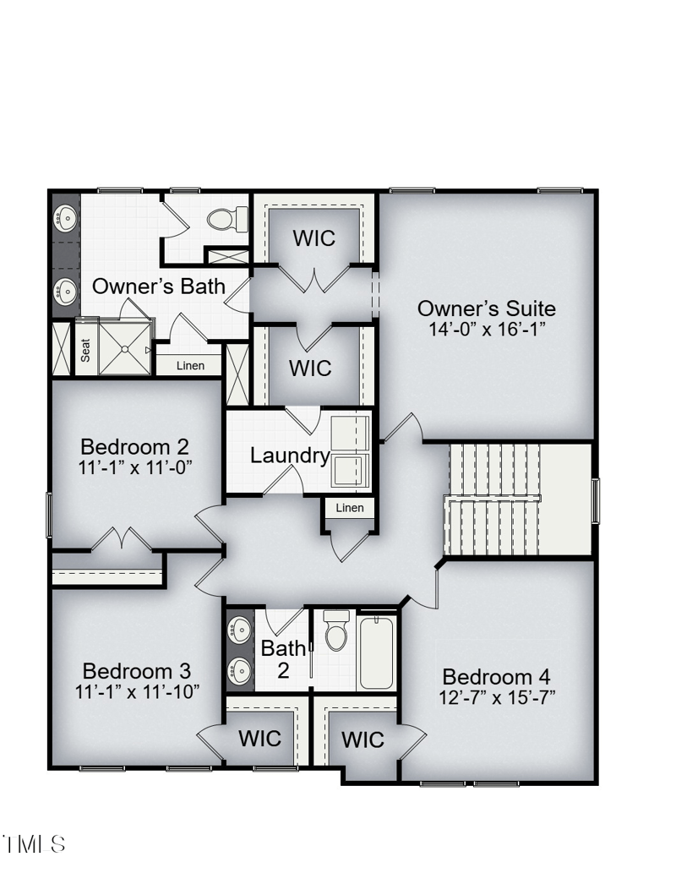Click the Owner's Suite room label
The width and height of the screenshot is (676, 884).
486,308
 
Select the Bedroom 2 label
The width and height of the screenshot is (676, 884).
134,446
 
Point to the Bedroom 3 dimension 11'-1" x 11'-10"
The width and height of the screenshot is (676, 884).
137,691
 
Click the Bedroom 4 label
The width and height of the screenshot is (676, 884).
496,677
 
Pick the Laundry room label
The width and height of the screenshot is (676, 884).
290,456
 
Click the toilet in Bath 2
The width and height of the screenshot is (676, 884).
336,630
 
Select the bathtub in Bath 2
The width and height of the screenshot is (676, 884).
376,653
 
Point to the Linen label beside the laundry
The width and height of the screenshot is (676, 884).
350,507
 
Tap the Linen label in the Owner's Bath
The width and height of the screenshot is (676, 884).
190,366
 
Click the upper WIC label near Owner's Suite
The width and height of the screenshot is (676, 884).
313,238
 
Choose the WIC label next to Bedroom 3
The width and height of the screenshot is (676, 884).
259,739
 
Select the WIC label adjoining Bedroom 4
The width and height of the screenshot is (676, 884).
363,740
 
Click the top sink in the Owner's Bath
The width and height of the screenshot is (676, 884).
65,220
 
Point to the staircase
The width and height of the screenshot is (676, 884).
494,500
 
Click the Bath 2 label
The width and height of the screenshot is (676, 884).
283,660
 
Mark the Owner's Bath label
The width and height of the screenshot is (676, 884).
159,286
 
